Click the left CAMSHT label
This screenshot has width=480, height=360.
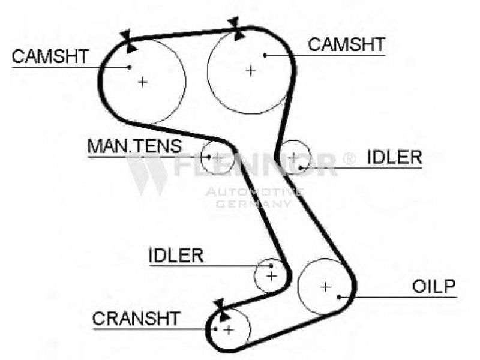(x=50, y=56)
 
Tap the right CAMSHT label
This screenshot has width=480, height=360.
(x=346, y=44)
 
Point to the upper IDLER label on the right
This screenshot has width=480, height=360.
(x=394, y=157)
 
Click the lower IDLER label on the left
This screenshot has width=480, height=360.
(x=176, y=255)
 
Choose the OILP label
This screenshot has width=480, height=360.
(x=434, y=286)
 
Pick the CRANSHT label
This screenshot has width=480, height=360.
(x=136, y=318)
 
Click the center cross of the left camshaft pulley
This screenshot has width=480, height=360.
(x=142, y=81)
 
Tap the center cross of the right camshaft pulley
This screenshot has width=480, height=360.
(x=250, y=71)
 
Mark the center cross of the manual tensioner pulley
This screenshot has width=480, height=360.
(x=218, y=157)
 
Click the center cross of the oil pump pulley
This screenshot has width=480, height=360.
(x=325, y=287)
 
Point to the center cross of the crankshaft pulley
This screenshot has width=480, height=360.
(x=228, y=329)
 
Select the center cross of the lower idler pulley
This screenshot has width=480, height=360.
(x=272, y=276)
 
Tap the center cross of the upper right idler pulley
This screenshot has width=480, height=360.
(x=293, y=157)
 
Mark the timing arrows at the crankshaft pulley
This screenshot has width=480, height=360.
(x=220, y=309)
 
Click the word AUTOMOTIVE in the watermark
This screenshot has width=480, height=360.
(x=254, y=192)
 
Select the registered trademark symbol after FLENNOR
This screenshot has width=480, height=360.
(x=348, y=158)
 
